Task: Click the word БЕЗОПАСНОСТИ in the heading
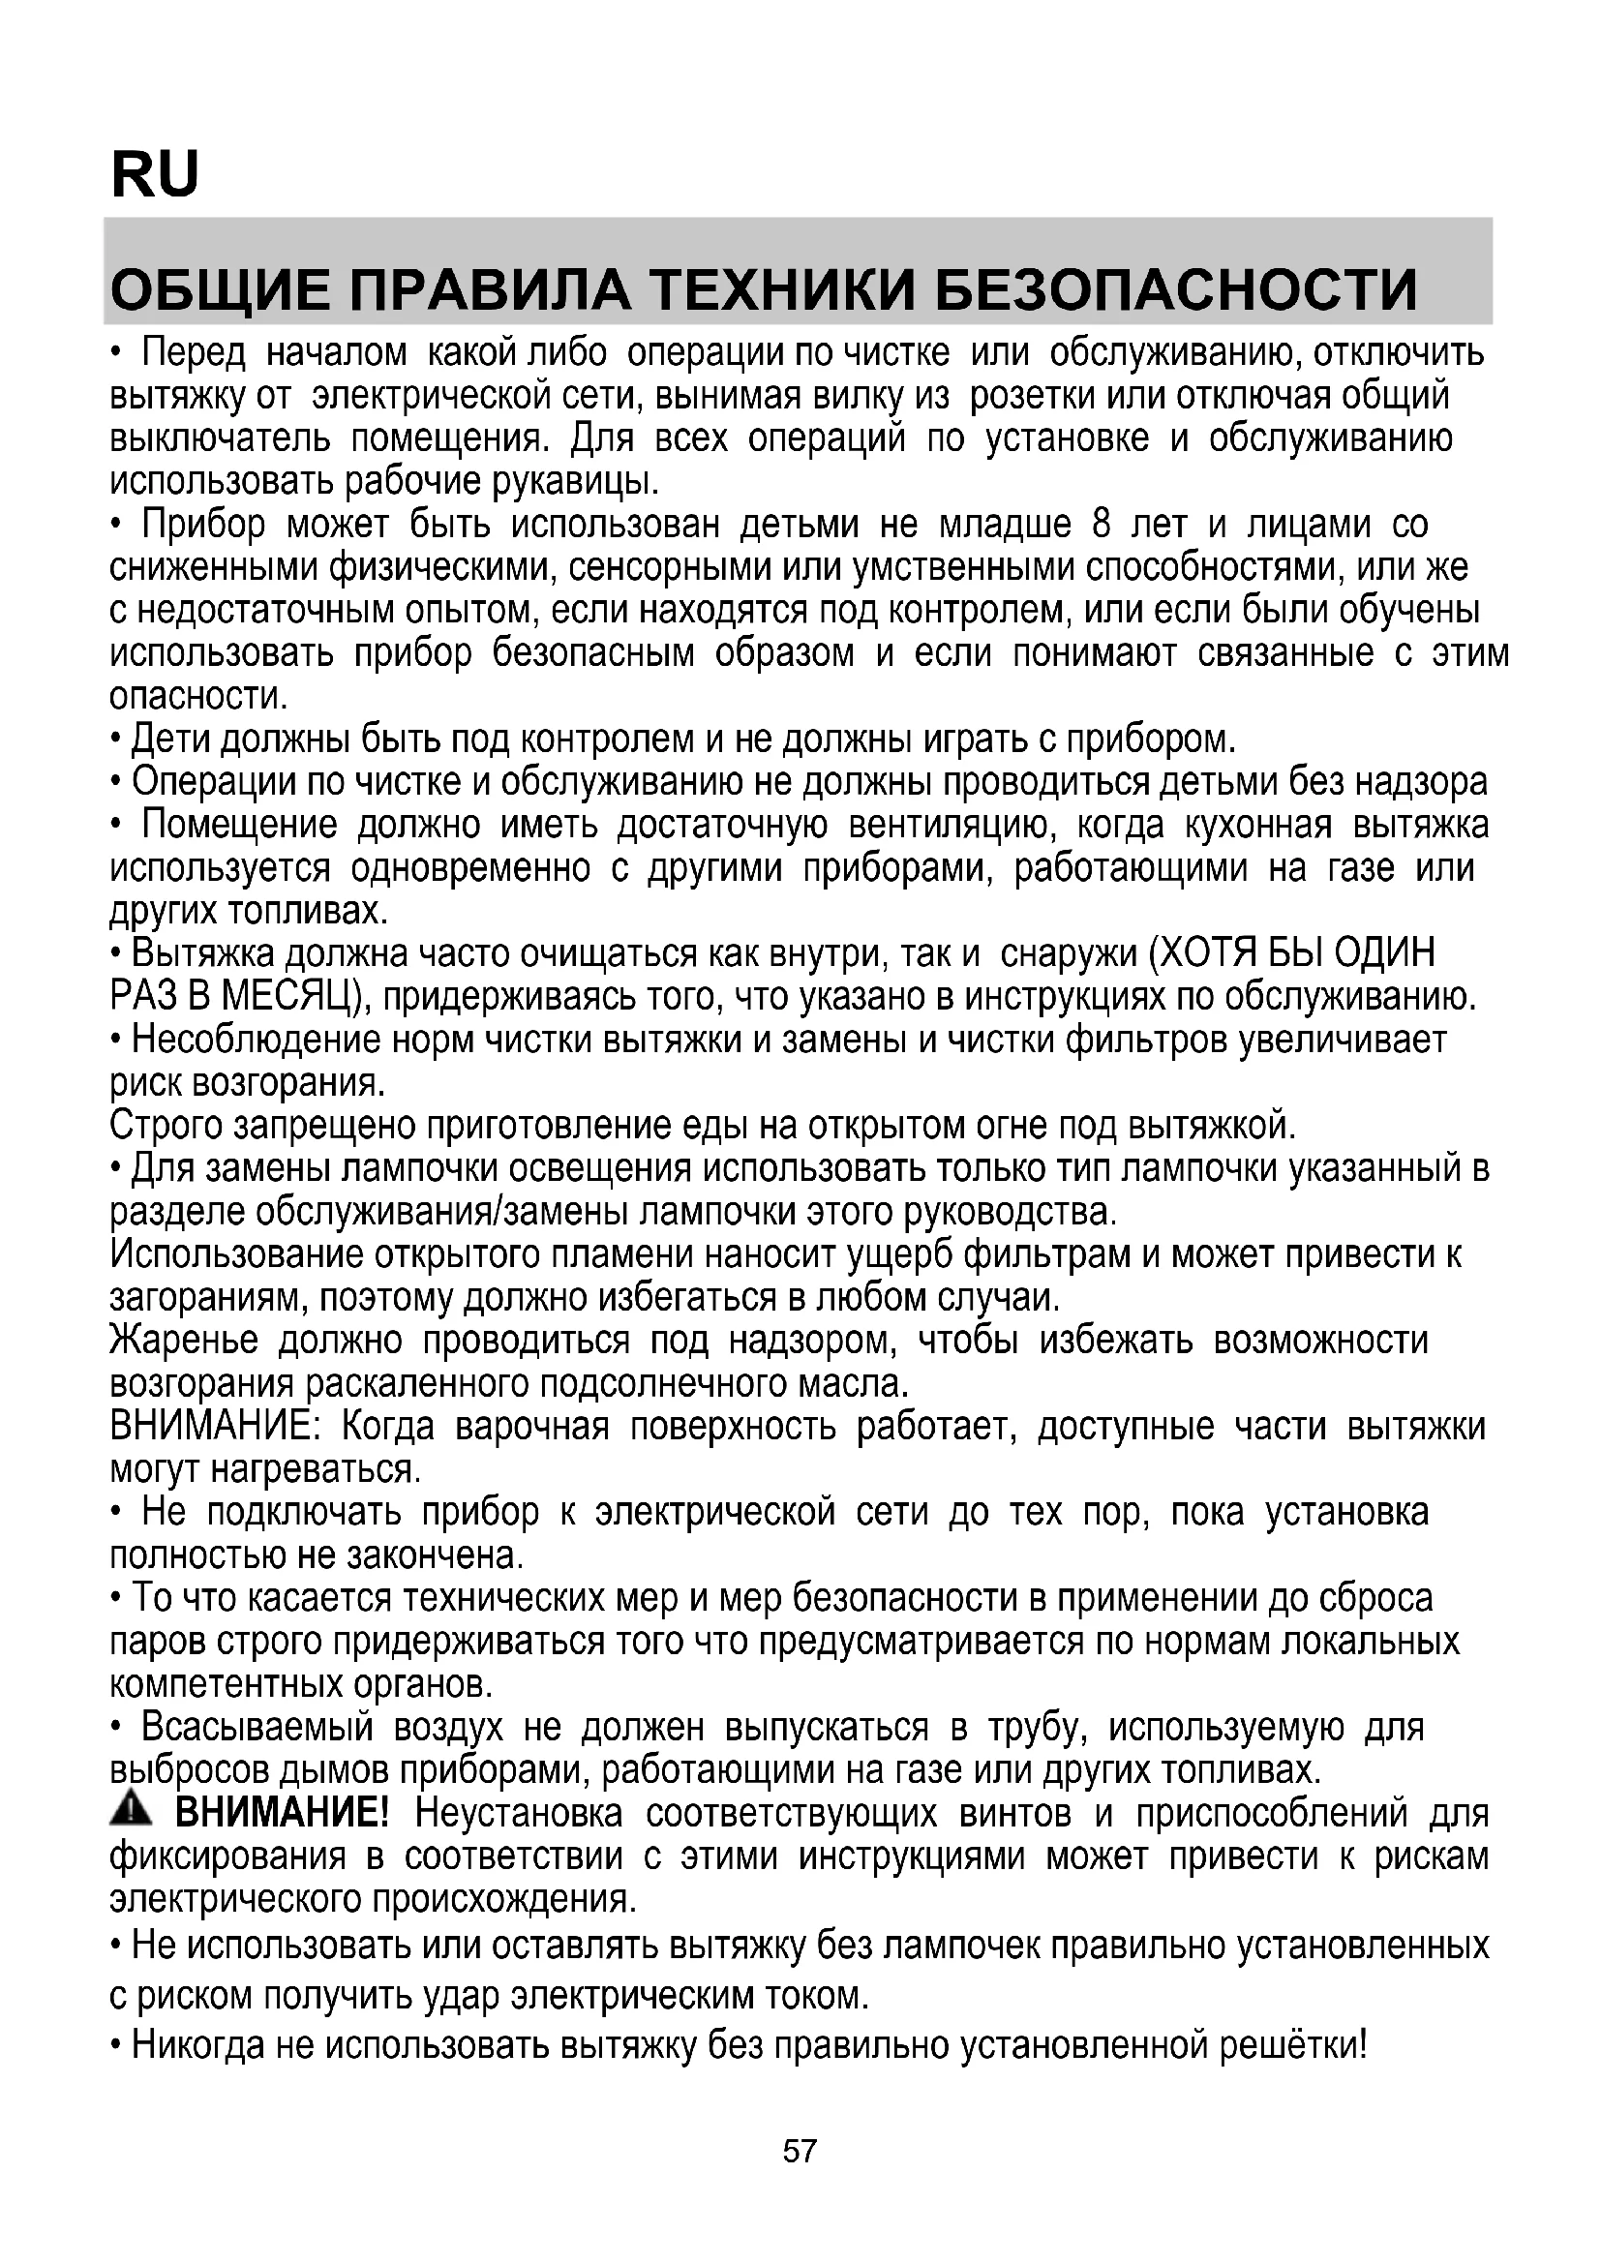coord(1175,290)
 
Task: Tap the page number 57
coord(800,2152)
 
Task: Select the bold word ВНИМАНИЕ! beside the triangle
coord(282,1813)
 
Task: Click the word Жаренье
coord(184,1341)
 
